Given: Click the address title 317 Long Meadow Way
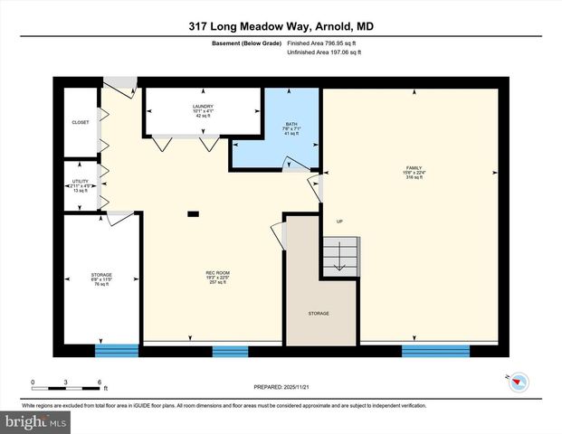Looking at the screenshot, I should coord(281,26).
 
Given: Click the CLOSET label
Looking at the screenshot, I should coord(81,122).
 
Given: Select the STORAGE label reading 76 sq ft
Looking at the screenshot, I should coord(100,278).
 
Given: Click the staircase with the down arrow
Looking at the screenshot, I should coord(342,252).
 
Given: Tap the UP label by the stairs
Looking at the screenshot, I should coord(339,222).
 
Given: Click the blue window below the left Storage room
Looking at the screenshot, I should coord(117,351).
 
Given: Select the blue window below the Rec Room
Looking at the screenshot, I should coord(230,352).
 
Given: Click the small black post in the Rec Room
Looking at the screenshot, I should coord(193,214).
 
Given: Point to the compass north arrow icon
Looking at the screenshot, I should coord(518,382).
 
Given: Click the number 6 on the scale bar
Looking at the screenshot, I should coord(99,382).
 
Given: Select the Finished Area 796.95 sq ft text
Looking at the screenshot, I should coord(324,42).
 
